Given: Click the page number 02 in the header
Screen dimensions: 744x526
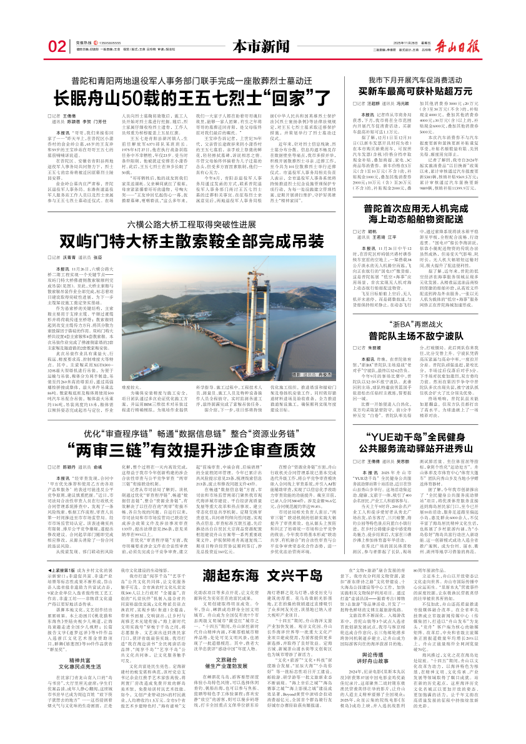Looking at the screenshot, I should click(x=56, y=46).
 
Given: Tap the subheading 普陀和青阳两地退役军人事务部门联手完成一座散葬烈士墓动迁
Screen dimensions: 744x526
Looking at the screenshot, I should click(x=192, y=81).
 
